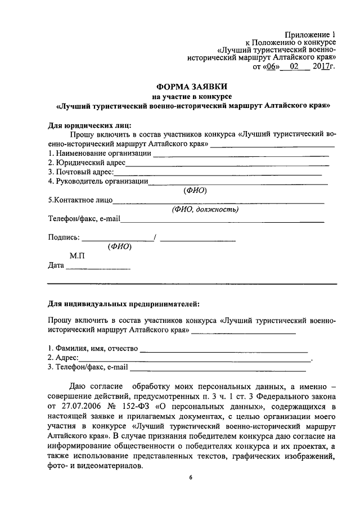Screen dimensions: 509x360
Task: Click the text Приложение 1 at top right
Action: [x=309, y=35]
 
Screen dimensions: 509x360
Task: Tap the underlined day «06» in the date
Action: [x=272, y=66]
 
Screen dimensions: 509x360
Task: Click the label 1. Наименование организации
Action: [x=99, y=153]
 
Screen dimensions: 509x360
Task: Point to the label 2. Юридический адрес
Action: [x=86, y=163]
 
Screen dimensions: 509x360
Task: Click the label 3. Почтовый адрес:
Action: [x=81, y=172]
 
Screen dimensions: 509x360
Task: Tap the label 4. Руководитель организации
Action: [x=97, y=181]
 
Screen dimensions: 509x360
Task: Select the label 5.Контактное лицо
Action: [x=80, y=200]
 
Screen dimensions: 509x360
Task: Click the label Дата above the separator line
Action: [x=56, y=265]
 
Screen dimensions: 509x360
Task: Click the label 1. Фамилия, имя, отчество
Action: [x=93, y=349]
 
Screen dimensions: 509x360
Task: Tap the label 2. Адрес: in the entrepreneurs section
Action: [x=63, y=358]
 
